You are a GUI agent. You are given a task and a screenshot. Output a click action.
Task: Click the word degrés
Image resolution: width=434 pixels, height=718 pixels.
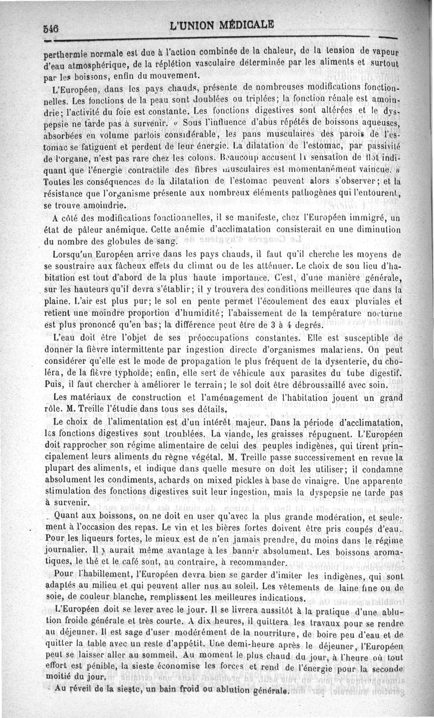pos(307,325)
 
